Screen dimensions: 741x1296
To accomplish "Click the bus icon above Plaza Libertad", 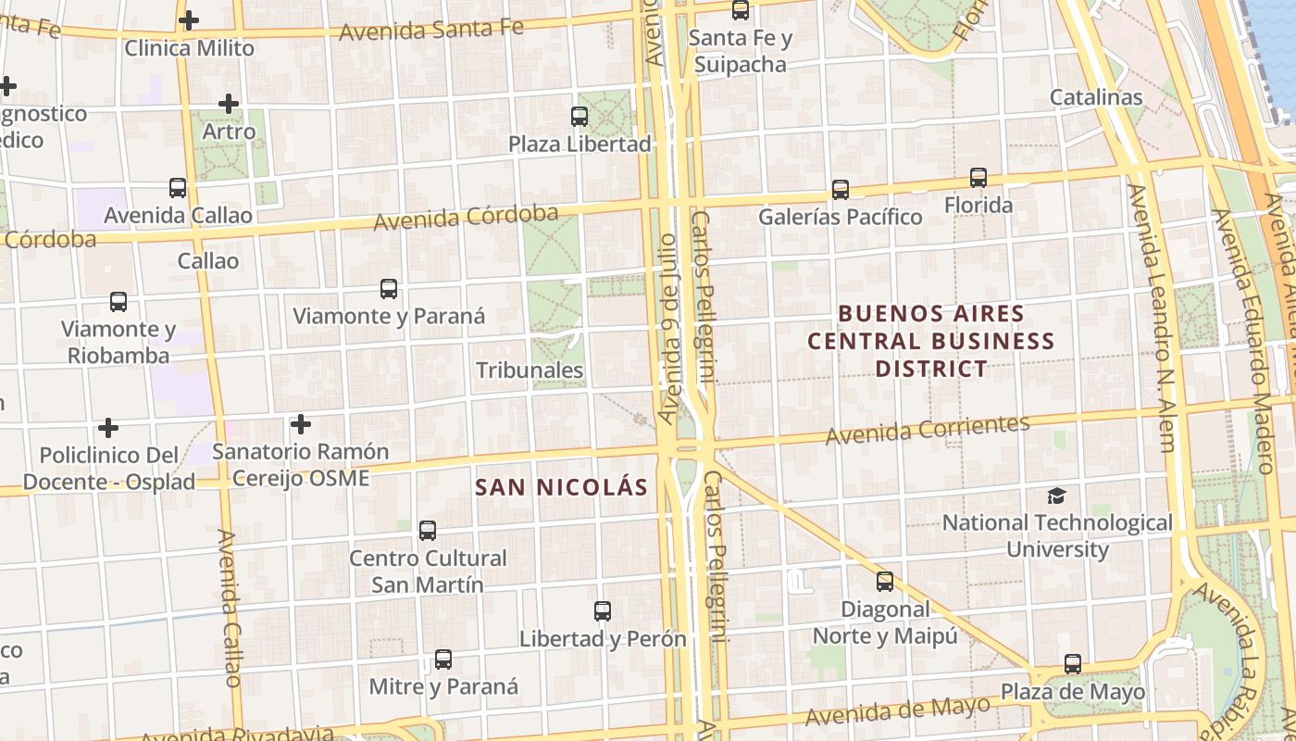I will (579, 117).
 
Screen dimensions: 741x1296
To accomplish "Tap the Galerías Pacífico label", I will (840, 217).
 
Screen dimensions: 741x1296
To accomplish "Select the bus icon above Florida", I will (978, 178).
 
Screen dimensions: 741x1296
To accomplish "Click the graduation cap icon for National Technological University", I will (1056, 496).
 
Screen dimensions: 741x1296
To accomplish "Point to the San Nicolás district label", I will (561, 487).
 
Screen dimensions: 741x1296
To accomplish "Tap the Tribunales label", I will (530, 370).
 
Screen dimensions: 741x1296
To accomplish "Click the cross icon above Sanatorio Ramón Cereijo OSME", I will (301, 425).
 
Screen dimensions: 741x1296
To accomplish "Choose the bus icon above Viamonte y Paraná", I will (389, 289).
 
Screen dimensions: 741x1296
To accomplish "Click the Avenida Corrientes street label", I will (927, 430).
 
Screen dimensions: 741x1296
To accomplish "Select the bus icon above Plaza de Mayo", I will (1073, 664).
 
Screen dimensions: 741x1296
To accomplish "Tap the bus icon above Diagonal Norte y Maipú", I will (885, 582).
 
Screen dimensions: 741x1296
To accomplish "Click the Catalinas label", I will (1096, 97).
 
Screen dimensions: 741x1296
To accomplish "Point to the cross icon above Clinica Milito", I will (189, 20).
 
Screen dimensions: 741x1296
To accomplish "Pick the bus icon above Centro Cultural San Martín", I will (428, 531).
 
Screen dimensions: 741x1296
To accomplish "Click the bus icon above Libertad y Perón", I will (603, 611).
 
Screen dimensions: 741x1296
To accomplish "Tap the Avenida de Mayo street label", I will (896, 711).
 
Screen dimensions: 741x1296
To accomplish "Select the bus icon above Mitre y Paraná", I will (443, 659).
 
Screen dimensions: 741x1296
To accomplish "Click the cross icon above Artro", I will (229, 104).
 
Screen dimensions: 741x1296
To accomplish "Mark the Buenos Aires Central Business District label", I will (930, 341).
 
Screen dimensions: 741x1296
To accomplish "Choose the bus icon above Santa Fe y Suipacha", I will (741, 11).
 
